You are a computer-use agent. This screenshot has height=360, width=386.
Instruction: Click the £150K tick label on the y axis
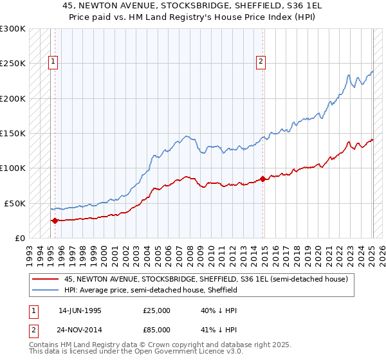click(x=13, y=133)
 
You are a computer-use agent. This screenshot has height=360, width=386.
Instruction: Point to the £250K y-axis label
click(x=13, y=64)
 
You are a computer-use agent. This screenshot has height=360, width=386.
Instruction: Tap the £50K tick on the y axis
click(x=15, y=203)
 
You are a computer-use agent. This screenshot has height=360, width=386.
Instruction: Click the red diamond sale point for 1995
click(x=55, y=221)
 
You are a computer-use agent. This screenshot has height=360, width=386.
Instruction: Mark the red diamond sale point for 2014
click(x=262, y=179)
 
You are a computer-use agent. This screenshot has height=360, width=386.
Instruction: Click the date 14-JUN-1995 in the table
click(x=80, y=310)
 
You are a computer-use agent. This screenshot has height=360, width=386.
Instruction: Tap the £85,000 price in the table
click(x=157, y=330)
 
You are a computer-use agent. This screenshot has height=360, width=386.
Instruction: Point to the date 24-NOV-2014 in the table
click(x=80, y=330)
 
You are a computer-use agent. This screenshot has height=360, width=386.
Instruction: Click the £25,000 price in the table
click(x=157, y=310)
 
